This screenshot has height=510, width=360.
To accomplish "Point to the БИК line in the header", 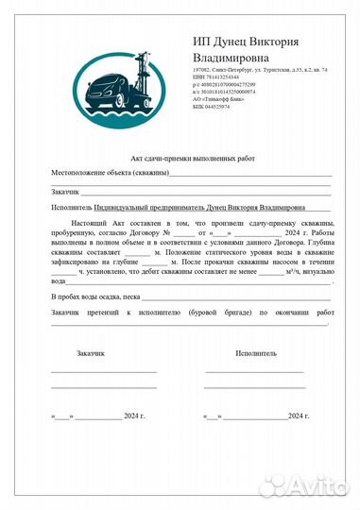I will tap(211, 107).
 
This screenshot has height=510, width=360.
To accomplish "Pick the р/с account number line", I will tap(223, 85).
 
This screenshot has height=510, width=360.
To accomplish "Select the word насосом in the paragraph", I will tap(278, 263).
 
